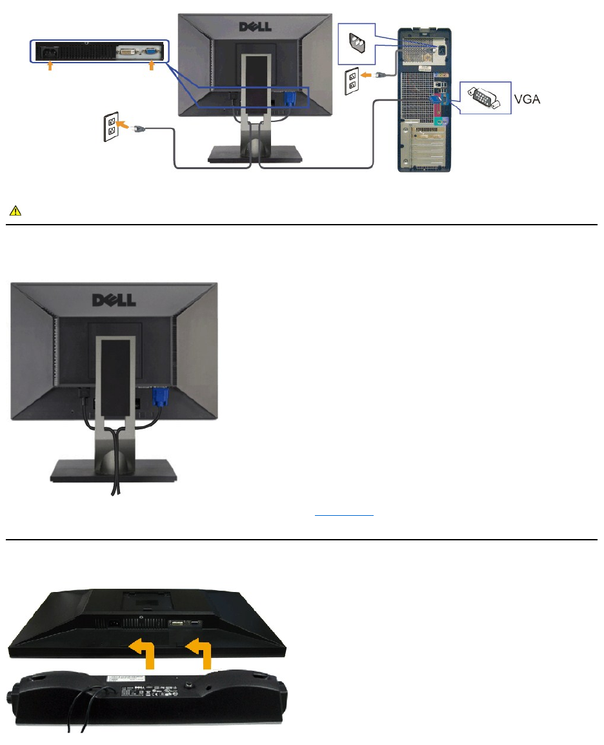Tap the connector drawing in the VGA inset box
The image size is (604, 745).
485,99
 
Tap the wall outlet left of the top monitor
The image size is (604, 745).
112,127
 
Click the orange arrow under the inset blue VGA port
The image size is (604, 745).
152,66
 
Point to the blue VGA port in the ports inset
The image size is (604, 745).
149,52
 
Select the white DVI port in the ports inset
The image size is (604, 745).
127,52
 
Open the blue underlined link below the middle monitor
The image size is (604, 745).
344,515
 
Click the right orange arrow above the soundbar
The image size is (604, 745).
201,652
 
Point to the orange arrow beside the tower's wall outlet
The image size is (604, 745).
366,76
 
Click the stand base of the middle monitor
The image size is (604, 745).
114,469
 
